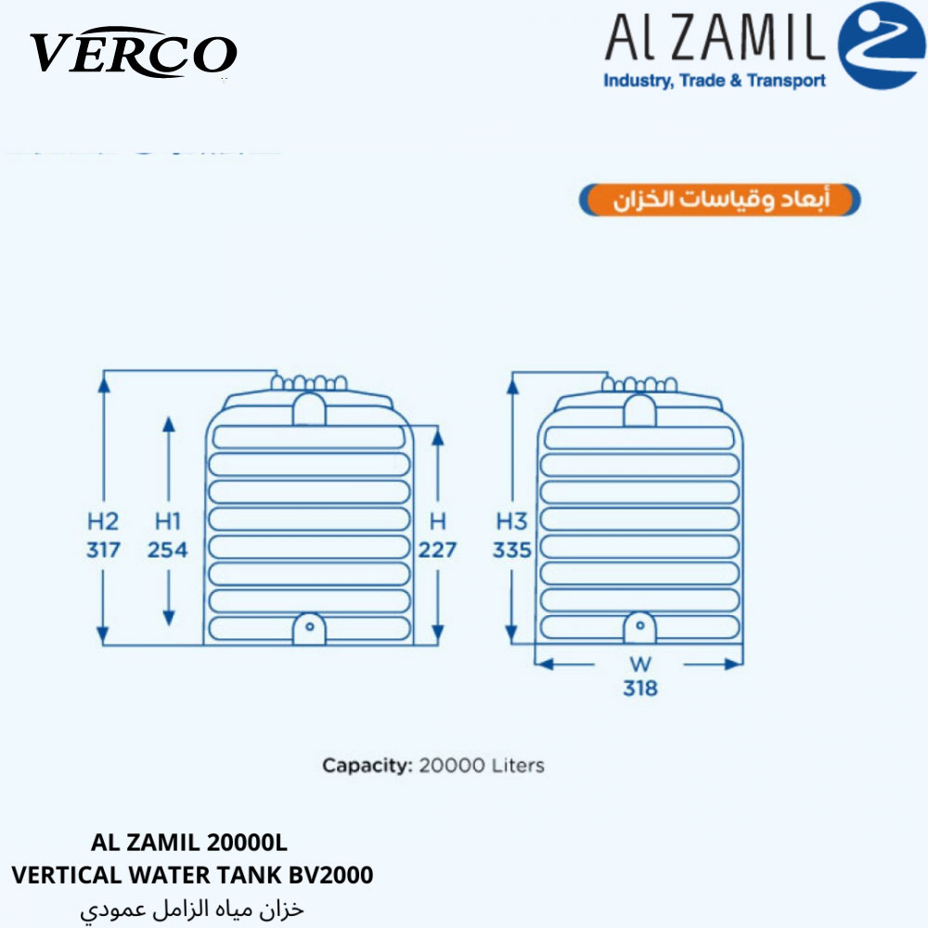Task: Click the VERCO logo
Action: pyautogui.click(x=134, y=53)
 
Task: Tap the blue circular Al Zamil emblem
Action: pyautogui.click(x=882, y=45)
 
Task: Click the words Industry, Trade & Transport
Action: pyautogui.click(x=715, y=81)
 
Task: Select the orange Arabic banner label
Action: pyautogui.click(x=720, y=200)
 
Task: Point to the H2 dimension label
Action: pyautogui.click(x=103, y=522)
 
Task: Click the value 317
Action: pyautogui.click(x=104, y=549)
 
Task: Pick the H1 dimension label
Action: pyautogui.click(x=167, y=522)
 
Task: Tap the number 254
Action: pyautogui.click(x=167, y=549)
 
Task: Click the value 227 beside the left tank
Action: pyautogui.click(x=437, y=549)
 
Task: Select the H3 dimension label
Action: pyautogui.click(x=511, y=522)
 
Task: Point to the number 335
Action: pyautogui.click(x=512, y=549)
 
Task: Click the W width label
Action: pyautogui.click(x=640, y=664)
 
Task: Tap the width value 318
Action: pyautogui.click(x=640, y=688)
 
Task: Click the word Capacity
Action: pyautogui.click(x=367, y=766)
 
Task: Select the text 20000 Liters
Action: pyautogui.click(x=482, y=766)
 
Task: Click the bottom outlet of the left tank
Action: pyautogui.click(x=309, y=628)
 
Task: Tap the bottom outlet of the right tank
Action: pyautogui.click(x=639, y=627)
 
